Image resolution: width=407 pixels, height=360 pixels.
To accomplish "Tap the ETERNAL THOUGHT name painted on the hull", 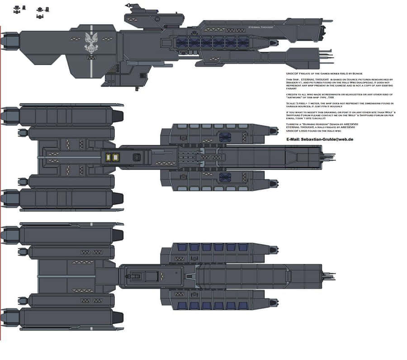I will (261, 28).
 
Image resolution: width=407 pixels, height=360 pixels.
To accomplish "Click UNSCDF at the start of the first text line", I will (292, 73).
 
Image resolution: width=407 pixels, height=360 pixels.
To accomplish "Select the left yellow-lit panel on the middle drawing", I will (109, 157).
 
